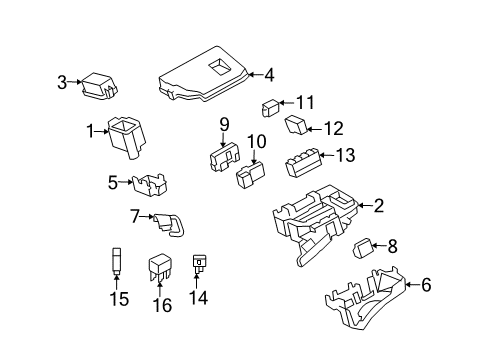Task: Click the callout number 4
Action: (x=268, y=73)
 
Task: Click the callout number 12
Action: (x=333, y=128)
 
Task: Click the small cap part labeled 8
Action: (x=364, y=247)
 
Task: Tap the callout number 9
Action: (x=225, y=125)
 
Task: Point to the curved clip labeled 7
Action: (x=169, y=226)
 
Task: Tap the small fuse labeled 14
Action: (x=201, y=265)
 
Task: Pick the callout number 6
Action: (x=426, y=285)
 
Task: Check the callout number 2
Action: (x=378, y=207)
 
